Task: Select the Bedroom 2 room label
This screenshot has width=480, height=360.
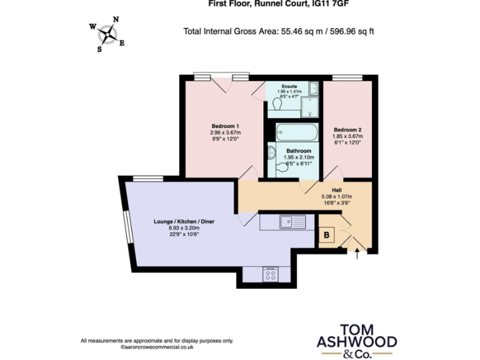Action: [347, 129]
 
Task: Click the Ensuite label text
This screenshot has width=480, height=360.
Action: [289, 86]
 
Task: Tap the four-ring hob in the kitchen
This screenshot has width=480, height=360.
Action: [270, 274]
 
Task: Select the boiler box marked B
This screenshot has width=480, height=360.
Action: [327, 236]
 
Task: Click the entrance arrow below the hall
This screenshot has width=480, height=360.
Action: [357, 254]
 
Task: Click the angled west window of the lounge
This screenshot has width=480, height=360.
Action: [126, 226]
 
